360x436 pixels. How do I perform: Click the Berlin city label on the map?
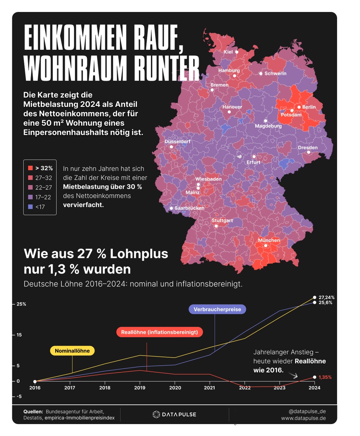point(309,107)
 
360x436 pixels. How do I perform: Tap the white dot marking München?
point(266,246)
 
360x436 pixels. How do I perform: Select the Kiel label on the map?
point(228,52)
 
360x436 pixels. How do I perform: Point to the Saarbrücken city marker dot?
point(171,208)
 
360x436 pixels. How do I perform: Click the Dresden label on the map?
point(308,148)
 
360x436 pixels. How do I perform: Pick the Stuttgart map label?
point(222,221)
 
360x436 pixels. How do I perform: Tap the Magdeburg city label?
point(268,126)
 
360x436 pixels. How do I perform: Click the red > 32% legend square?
point(31,168)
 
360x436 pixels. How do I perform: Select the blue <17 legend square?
point(31,207)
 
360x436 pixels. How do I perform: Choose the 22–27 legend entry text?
point(43,187)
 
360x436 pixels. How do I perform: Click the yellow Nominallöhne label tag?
point(72,351)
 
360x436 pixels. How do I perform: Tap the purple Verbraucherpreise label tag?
point(217,309)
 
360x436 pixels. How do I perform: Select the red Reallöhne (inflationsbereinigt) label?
point(159,332)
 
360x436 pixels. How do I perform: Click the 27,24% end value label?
point(326,297)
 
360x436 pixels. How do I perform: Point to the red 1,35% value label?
point(325,377)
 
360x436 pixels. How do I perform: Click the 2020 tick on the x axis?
point(175,388)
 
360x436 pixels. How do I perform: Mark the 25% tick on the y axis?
point(21,304)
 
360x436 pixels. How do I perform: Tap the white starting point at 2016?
point(35,381)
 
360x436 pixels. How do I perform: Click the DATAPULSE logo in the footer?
point(174,415)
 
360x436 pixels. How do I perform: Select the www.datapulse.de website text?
point(303,418)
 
